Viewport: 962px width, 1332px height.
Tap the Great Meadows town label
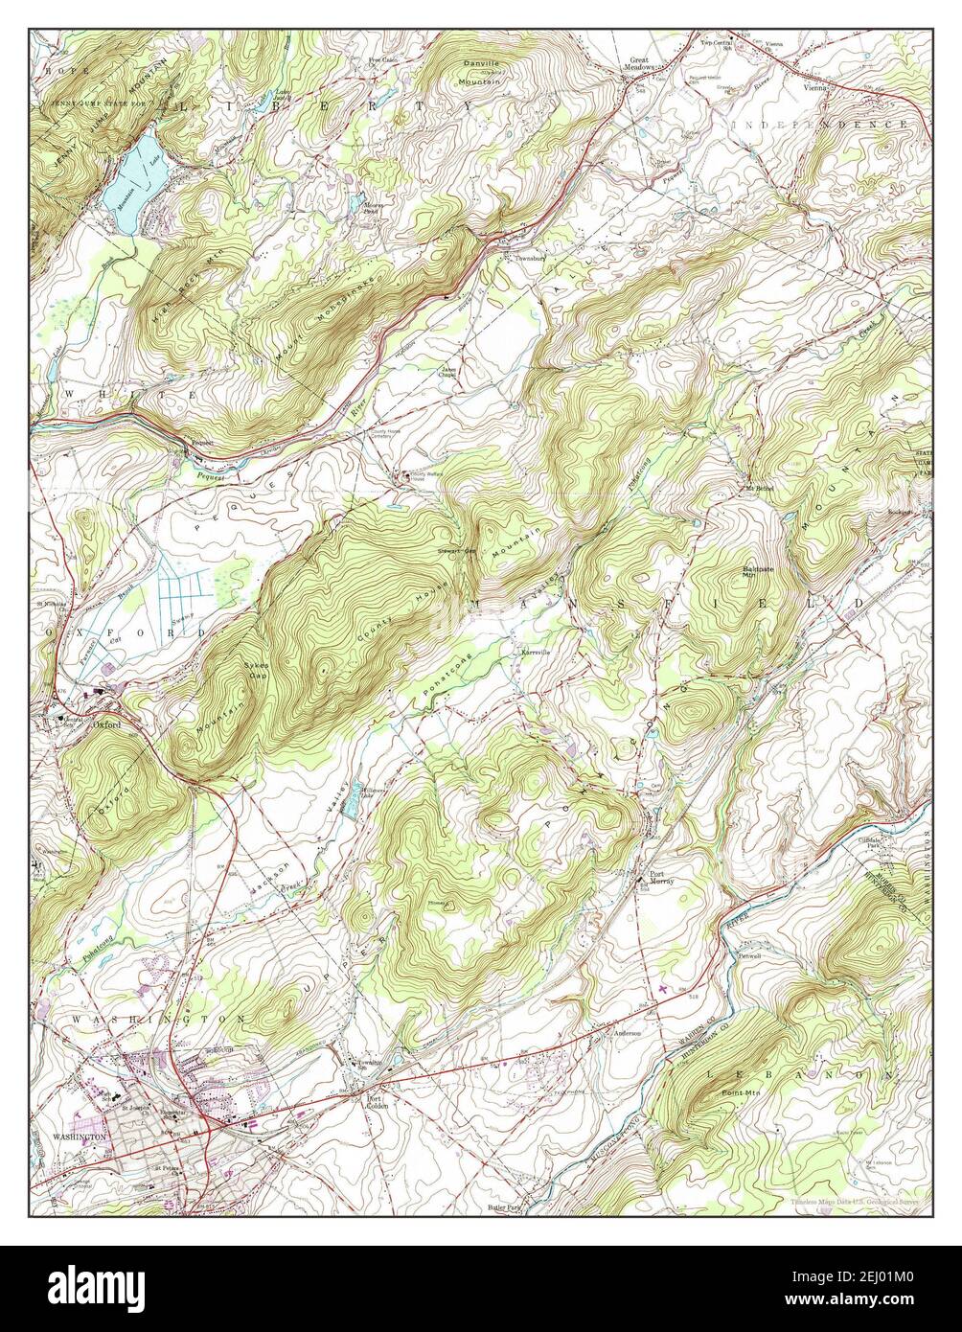coord(639,65)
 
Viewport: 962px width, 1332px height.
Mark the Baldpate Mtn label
coord(757,572)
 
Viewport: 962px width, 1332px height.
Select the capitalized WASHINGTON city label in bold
coord(80,1136)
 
